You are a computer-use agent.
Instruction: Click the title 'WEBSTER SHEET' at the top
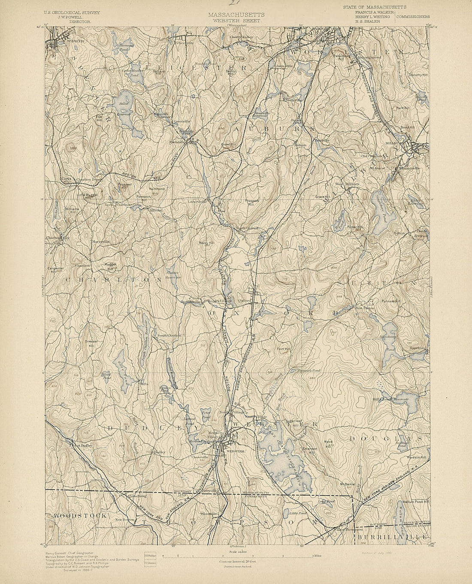coord(236,20)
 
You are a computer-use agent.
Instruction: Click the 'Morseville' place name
coord(100,242)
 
